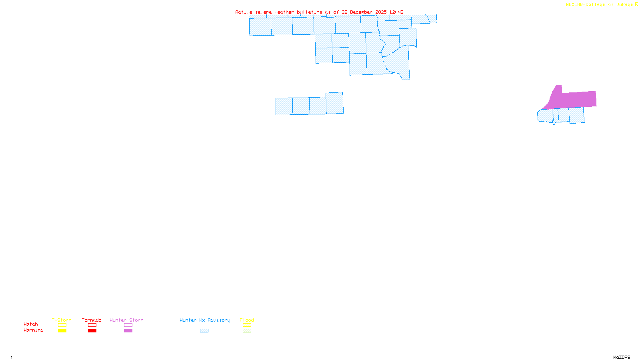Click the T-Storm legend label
point(62,320)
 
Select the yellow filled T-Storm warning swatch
point(62,331)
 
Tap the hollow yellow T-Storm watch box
point(62,325)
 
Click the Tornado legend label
point(92,320)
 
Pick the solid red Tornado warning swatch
point(92,331)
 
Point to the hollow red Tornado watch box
point(92,325)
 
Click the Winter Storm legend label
point(126,320)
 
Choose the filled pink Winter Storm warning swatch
point(128,331)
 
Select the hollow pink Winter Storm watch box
point(128,325)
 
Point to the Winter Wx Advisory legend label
point(205,320)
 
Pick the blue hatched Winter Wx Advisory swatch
point(204,331)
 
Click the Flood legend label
point(247,320)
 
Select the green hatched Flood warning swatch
point(247,331)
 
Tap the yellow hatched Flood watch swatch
point(247,325)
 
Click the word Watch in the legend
point(31,324)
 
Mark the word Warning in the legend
point(34,330)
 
